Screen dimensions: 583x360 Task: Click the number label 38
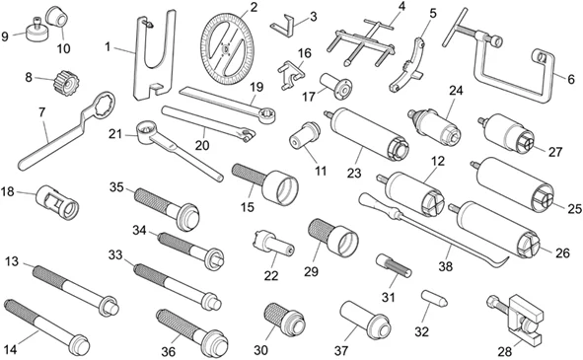point(446,265)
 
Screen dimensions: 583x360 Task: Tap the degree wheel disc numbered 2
point(227,49)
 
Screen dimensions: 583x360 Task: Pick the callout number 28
point(504,351)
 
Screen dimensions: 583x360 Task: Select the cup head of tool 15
point(281,186)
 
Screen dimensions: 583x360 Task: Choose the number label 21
point(115,134)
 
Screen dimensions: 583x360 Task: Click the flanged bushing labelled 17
point(336,86)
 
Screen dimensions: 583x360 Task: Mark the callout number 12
point(438,161)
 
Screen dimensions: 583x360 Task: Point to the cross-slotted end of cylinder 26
point(527,245)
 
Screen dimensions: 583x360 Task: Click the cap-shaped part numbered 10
point(57,17)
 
